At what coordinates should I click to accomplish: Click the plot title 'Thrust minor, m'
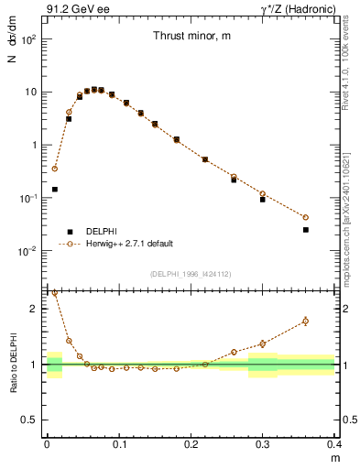(191, 36)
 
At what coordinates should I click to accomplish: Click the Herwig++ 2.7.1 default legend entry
(128, 245)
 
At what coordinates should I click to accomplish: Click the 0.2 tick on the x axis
(191, 444)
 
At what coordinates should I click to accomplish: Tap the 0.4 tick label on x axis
(333, 444)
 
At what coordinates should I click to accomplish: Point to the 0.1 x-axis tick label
(119, 444)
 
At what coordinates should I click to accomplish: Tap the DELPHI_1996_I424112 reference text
(191, 273)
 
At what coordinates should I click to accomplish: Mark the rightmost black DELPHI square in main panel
(306, 230)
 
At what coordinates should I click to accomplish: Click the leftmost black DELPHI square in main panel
(55, 190)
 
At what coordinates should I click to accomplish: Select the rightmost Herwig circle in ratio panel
(306, 321)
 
